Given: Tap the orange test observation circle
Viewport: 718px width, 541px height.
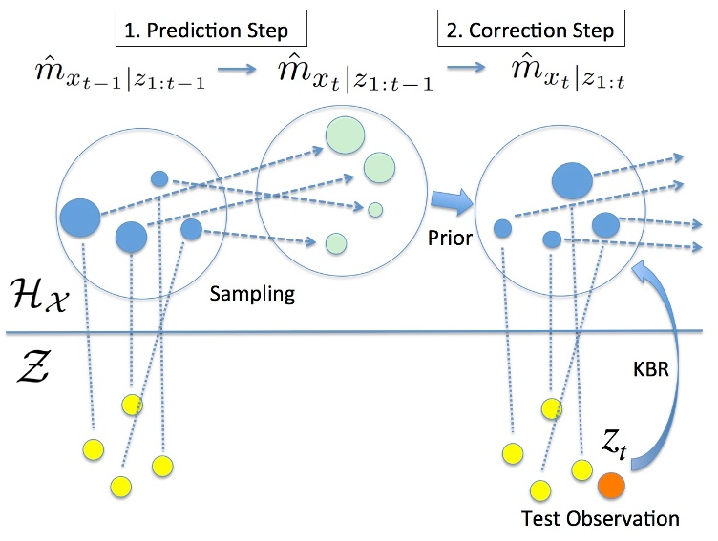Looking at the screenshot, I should (611, 487).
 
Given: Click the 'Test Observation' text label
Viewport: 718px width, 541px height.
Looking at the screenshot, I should (602, 520).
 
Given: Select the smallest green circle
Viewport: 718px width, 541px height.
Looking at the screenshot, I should (375, 208).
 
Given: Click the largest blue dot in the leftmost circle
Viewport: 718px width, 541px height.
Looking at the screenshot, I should (79, 218).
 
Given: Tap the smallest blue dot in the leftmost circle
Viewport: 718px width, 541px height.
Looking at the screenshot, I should (159, 178).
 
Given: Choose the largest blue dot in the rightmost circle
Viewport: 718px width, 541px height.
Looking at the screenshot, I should (571, 178).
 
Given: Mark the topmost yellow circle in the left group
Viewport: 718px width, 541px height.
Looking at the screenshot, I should (131, 404).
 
